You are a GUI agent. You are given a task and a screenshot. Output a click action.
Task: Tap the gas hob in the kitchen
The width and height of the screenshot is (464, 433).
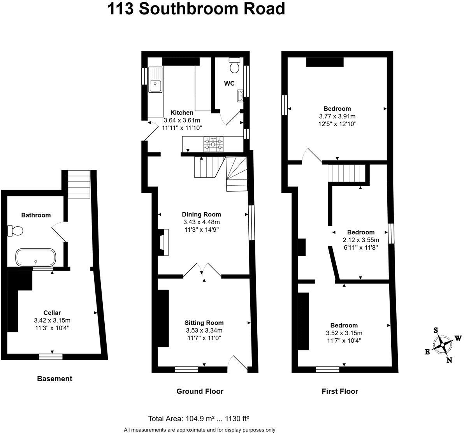[x=213, y=144]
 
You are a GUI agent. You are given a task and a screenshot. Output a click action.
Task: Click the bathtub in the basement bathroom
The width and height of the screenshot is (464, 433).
[x=36, y=257]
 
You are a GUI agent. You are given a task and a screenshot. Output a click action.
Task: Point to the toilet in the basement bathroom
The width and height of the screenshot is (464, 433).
[x=16, y=231]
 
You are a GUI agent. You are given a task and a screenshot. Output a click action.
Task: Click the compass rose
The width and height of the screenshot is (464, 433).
[x=443, y=345]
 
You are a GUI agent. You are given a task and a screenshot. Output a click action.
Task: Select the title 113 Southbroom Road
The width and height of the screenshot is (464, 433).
[x=196, y=9]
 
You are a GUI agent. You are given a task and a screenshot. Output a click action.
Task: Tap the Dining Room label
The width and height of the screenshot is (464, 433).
[x=201, y=214]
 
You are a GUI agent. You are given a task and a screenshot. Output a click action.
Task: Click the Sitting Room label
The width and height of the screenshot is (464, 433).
[x=204, y=322]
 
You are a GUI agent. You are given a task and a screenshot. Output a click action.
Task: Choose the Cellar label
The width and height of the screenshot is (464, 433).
[x=52, y=312]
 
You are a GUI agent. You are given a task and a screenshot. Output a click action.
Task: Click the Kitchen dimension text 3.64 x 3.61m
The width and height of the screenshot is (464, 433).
[x=182, y=120]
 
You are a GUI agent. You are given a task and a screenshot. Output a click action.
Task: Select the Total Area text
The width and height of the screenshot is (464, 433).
[x=199, y=419]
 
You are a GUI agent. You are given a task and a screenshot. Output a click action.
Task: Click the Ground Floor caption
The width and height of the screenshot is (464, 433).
[x=200, y=391]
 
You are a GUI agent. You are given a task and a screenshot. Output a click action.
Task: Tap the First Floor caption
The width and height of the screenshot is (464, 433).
[x=340, y=391]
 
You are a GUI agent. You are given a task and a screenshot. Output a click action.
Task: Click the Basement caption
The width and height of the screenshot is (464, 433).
[x=54, y=378]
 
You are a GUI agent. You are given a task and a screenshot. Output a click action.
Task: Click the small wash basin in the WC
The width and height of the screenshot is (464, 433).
[x=240, y=95]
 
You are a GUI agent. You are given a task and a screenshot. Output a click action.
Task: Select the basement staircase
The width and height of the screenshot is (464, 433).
[x=79, y=184]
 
